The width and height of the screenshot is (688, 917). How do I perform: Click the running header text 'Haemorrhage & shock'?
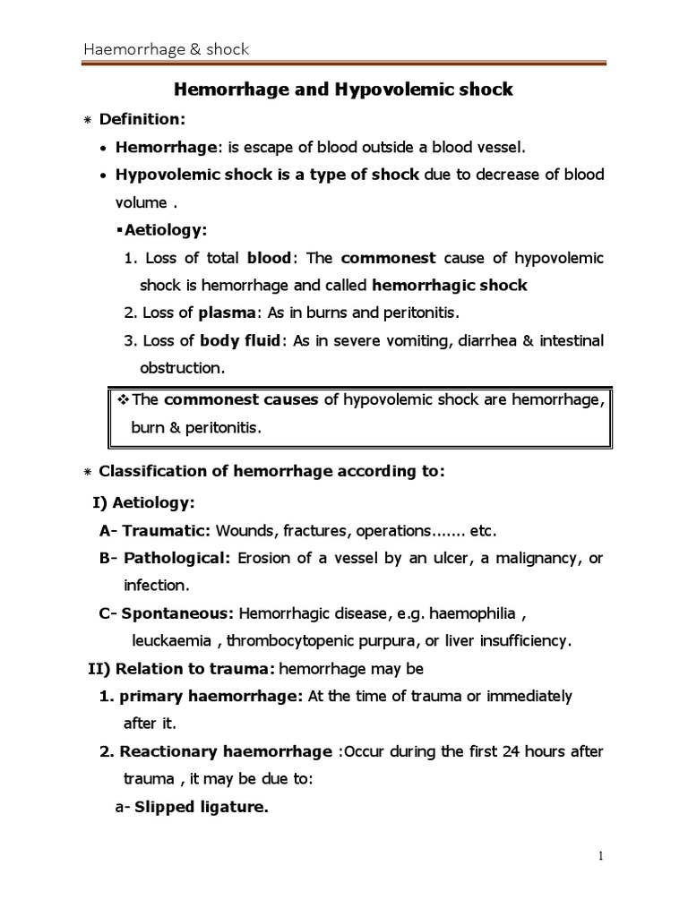click(x=166, y=49)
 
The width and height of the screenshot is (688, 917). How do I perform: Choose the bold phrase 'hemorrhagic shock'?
click(x=449, y=285)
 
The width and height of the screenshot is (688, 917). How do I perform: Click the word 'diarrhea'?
click(x=481, y=340)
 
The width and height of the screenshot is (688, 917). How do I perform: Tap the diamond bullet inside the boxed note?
click(x=125, y=399)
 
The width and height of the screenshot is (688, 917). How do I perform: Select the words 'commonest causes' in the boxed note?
click(x=241, y=399)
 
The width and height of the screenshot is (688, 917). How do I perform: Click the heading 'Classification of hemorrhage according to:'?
click(x=271, y=472)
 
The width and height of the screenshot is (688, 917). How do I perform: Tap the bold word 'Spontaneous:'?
click(x=178, y=613)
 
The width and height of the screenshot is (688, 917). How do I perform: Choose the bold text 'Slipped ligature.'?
click(x=201, y=807)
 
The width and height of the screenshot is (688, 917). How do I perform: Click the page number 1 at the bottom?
click(x=601, y=856)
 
